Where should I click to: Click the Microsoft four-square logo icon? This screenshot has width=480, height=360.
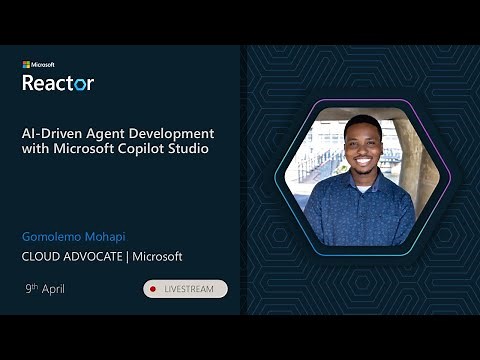[26, 65]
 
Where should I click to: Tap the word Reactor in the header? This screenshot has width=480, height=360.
[58, 83]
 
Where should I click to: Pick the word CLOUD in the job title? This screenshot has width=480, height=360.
[42, 257]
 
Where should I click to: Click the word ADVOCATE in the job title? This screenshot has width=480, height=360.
[96, 257]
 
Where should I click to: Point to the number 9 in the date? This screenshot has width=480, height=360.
[29, 289]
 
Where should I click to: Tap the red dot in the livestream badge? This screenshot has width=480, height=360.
[152, 289]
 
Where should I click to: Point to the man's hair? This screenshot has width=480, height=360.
[361, 125]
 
